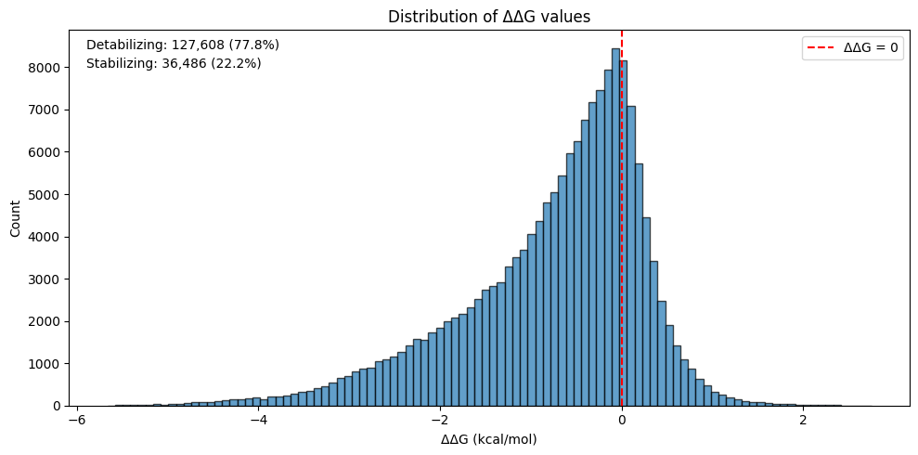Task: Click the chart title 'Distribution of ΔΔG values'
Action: click(488, 16)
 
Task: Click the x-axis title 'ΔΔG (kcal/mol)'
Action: click(488, 439)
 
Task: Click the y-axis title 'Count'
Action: click(16, 219)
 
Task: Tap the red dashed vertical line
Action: click(622, 279)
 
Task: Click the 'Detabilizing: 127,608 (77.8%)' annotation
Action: click(183, 45)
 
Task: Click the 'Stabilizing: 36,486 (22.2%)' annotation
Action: click(174, 64)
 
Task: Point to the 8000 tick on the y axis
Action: click(47, 68)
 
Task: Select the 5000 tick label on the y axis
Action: click(47, 195)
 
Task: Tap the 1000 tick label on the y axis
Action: click(47, 364)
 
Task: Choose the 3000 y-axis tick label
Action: click(47, 279)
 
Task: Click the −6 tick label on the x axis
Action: click(77, 420)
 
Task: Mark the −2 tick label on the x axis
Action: click(440, 420)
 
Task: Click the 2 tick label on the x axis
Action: click(803, 420)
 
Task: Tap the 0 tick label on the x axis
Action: click(622, 420)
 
